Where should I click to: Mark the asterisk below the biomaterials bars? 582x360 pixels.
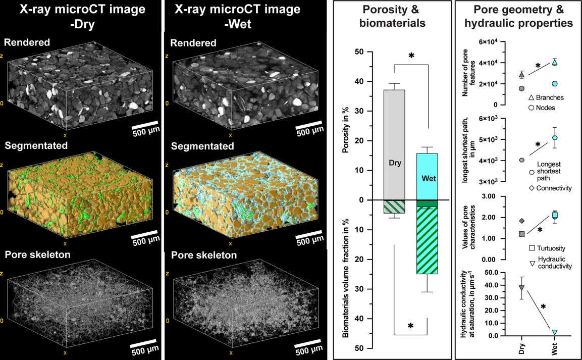pyautogui.click(x=410, y=327)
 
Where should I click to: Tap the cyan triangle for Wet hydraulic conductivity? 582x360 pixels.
pyautogui.click(x=555, y=332)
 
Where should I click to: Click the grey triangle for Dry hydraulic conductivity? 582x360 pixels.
pyautogui.click(x=521, y=288)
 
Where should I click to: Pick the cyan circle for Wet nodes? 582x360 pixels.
pyautogui.click(x=555, y=84)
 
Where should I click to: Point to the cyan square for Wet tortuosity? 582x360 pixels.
pyautogui.click(x=555, y=216)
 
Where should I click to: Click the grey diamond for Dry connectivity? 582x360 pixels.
pyautogui.click(x=521, y=221)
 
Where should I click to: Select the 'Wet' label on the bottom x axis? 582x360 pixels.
pyautogui.click(x=555, y=348)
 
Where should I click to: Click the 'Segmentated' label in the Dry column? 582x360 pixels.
pyautogui.click(x=36, y=146)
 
